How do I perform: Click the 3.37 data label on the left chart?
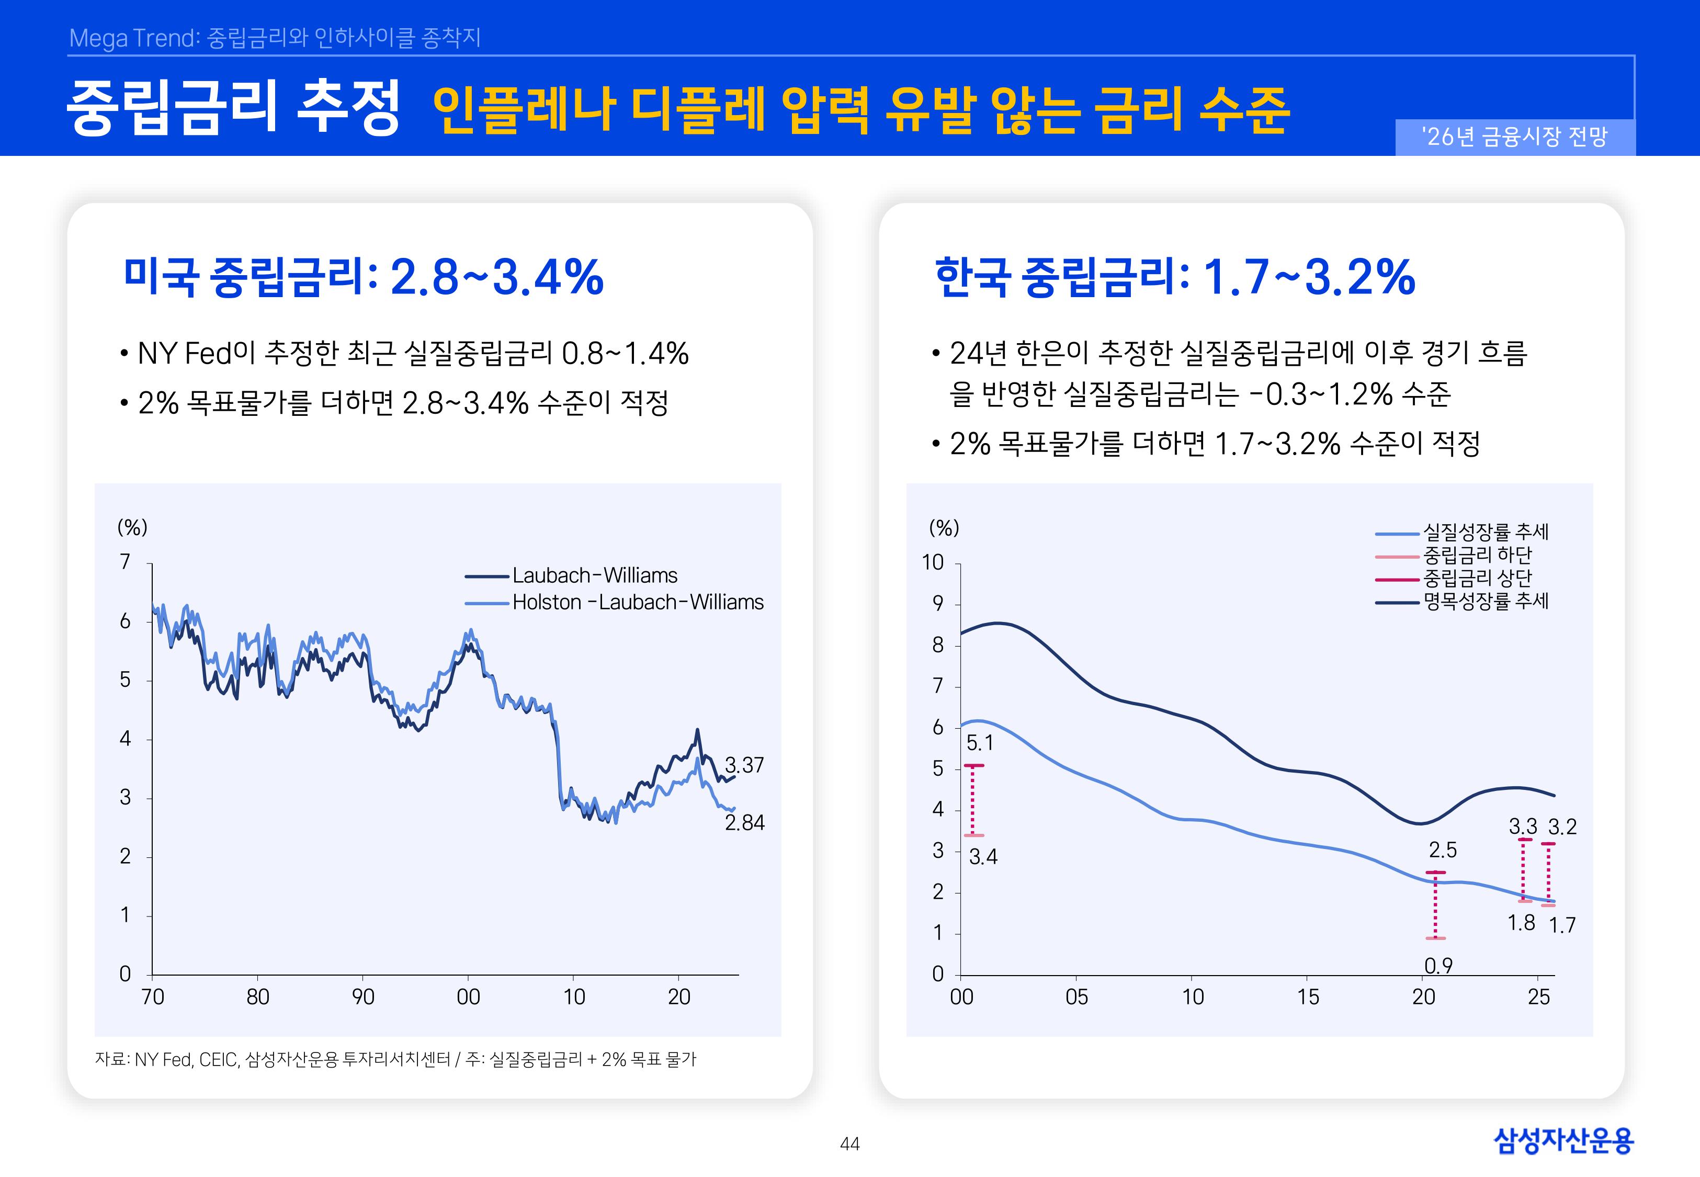click(x=744, y=765)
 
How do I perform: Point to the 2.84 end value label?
click(x=744, y=823)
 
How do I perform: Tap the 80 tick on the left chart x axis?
click(x=257, y=997)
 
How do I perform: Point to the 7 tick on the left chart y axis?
click(x=126, y=562)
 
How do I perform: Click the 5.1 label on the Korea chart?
click(x=980, y=743)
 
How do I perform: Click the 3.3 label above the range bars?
click(x=1522, y=827)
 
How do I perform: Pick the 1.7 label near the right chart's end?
click(x=1561, y=925)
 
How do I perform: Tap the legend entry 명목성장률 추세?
click(x=1486, y=601)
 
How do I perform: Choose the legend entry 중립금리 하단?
click(x=1477, y=554)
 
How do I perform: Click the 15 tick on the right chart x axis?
click(x=1308, y=997)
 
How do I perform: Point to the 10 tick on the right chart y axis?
click(x=933, y=563)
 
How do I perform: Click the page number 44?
click(x=849, y=1144)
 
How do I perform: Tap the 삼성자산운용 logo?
click(x=1563, y=1140)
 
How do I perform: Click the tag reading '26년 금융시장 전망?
click(x=1514, y=137)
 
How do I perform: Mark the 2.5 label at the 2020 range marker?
click(x=1442, y=850)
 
